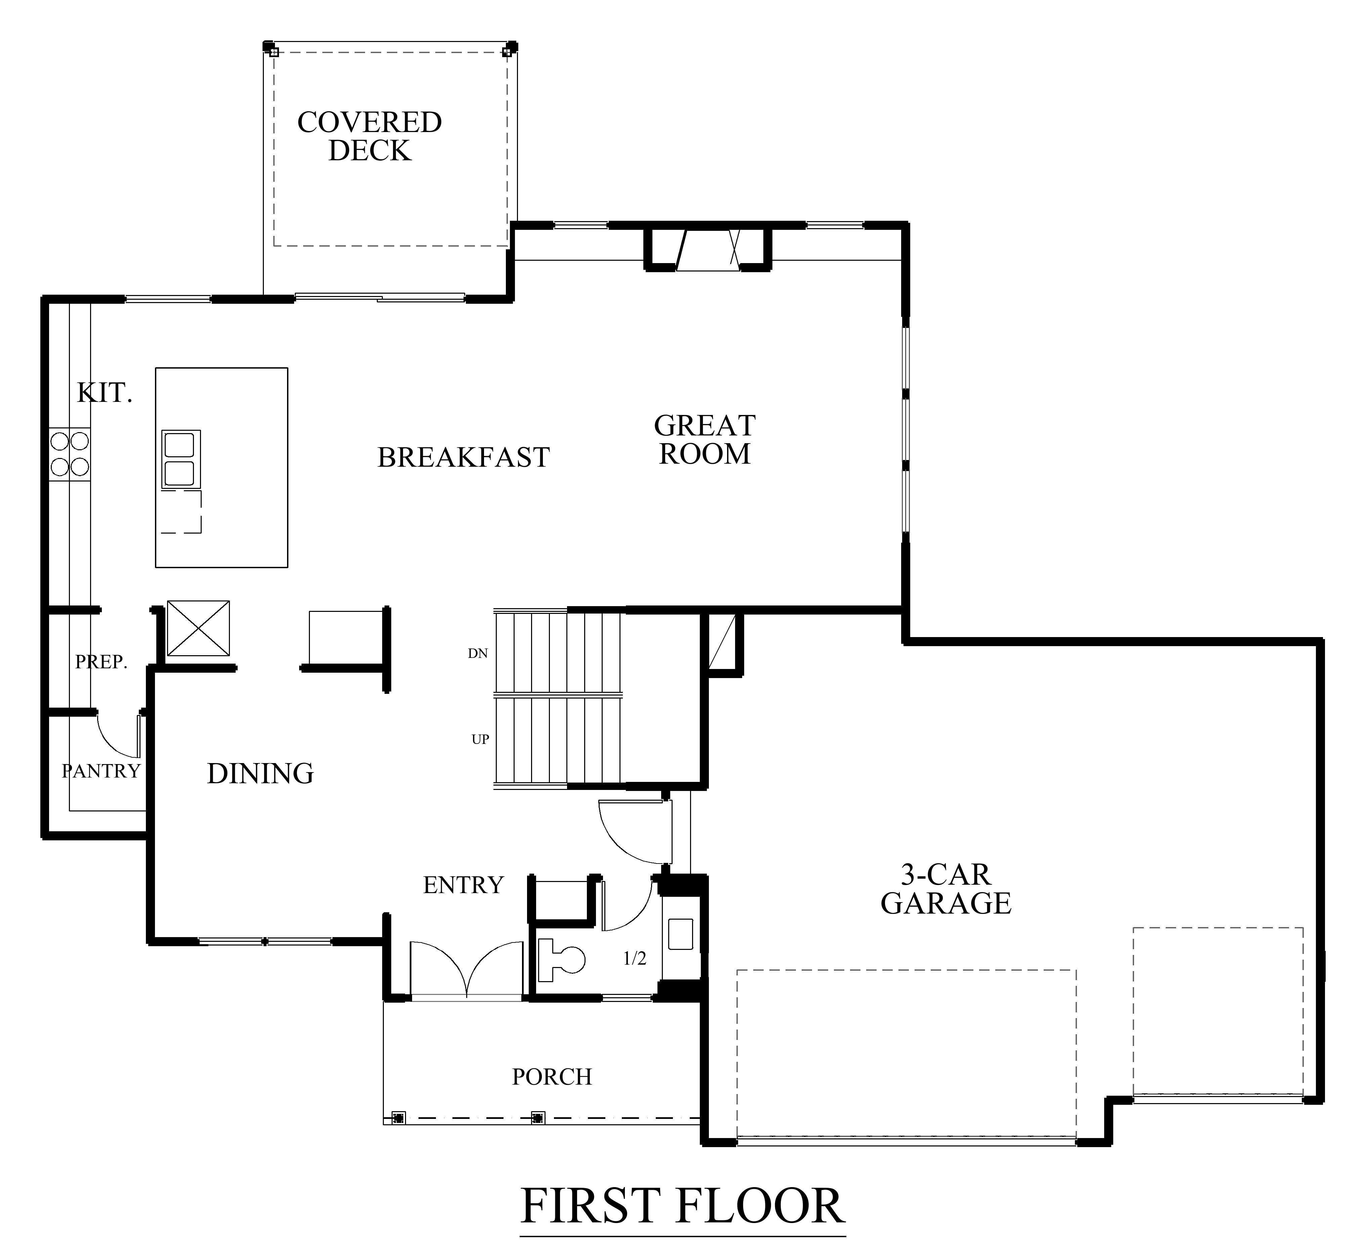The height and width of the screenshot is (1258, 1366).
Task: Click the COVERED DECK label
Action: pos(370,136)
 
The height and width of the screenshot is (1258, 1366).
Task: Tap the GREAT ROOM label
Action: pos(705,440)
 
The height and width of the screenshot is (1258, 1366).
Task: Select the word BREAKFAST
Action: pos(464,457)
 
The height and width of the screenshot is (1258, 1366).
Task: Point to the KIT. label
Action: pos(104,393)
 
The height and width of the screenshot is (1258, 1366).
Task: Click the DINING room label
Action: pos(260,773)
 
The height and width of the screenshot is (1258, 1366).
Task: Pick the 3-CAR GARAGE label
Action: pos(946,889)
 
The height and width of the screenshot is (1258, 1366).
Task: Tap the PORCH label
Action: pos(552,1076)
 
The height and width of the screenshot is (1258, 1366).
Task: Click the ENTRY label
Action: pos(463,885)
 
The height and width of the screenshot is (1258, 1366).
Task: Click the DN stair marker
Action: pos(478,654)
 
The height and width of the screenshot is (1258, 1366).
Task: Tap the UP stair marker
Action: pos(480,739)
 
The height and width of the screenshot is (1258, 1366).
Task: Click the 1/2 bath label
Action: pos(635,959)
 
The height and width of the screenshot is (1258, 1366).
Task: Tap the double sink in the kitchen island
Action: pos(180,459)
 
